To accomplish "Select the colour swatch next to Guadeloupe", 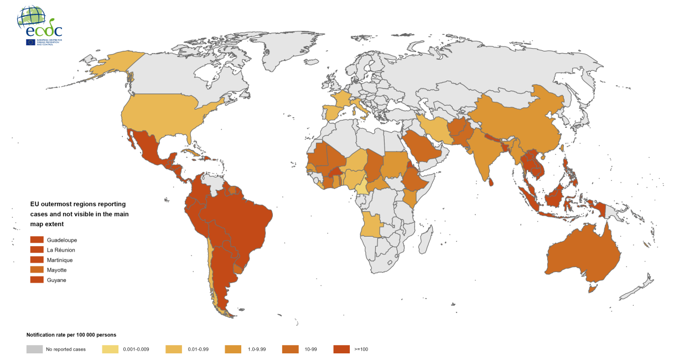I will pyautogui.click(x=37, y=240).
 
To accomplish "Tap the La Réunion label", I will pyautogui.click(x=61, y=250).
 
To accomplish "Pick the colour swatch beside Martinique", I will pyautogui.click(x=37, y=260).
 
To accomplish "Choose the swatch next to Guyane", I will pyautogui.click(x=37, y=280).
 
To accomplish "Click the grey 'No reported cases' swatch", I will pyautogui.click(x=34, y=349).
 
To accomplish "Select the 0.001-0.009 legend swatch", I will pyautogui.click(x=110, y=349).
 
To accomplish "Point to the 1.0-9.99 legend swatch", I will pyautogui.click(x=233, y=349).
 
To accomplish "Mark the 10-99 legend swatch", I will pyautogui.click(x=290, y=349).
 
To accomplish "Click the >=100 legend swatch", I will pyautogui.click(x=341, y=349).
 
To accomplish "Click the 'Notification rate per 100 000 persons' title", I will pyautogui.click(x=71, y=335).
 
